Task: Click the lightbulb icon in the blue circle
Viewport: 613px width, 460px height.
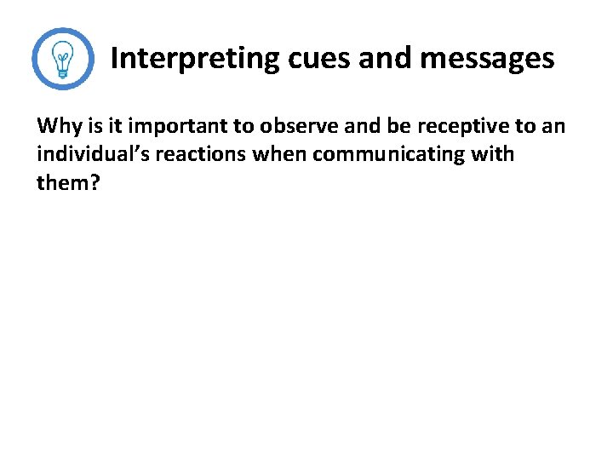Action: point(62,59)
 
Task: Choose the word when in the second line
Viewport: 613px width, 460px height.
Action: point(276,156)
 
